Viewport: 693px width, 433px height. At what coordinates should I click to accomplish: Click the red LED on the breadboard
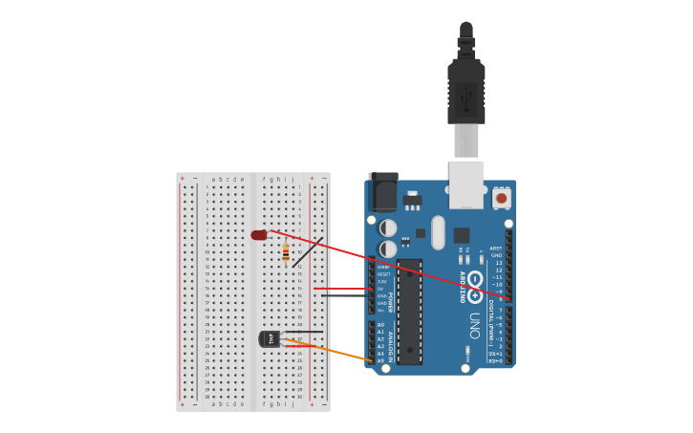click(259, 235)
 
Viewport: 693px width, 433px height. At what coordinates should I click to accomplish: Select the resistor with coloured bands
click(286, 252)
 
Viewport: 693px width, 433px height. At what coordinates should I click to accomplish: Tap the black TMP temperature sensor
click(270, 338)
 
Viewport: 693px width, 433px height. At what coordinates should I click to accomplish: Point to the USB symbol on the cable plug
click(466, 96)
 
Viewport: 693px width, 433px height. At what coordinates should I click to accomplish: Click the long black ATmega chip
click(409, 312)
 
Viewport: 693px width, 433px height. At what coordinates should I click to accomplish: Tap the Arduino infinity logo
click(475, 279)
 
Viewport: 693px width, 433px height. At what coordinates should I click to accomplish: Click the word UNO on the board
click(475, 318)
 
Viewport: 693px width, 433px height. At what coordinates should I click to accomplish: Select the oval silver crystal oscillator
click(438, 232)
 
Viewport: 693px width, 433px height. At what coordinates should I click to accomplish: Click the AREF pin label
click(496, 249)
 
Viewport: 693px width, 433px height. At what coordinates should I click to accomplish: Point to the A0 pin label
click(380, 325)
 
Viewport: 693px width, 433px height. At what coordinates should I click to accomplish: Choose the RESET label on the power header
click(382, 274)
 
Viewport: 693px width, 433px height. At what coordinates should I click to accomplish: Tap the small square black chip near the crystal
click(462, 235)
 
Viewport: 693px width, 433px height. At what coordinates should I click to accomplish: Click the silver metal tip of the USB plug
click(466, 141)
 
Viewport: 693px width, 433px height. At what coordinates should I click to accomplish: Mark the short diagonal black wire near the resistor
click(307, 252)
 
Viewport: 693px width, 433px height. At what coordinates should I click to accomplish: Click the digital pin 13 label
click(498, 263)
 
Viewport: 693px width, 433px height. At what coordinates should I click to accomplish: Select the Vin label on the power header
click(381, 311)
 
